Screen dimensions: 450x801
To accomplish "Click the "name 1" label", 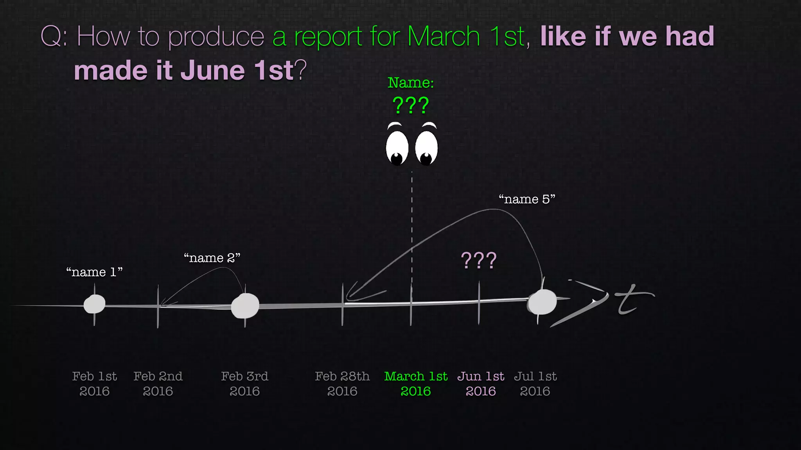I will click(x=94, y=272).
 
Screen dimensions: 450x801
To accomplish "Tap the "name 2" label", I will click(x=212, y=258).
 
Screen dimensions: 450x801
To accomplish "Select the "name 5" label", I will click(x=527, y=199).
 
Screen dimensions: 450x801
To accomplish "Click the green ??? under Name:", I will click(x=411, y=105).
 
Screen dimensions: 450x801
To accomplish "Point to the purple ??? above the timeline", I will click(x=479, y=260).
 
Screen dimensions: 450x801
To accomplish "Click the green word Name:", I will click(x=411, y=83).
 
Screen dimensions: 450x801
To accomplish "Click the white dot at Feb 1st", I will click(x=95, y=304).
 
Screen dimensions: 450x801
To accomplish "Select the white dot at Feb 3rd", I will click(x=245, y=306).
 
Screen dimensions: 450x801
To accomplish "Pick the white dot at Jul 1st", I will click(x=542, y=302).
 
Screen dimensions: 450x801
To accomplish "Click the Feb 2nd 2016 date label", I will click(x=158, y=384).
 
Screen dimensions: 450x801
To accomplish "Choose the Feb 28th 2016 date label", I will click(x=342, y=384).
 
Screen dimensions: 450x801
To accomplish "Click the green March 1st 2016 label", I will click(x=416, y=384).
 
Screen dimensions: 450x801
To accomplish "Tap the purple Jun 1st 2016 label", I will click(x=481, y=384).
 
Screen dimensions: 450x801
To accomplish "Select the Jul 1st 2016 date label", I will click(x=535, y=384).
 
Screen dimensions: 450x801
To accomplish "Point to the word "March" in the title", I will click(x=444, y=37).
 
